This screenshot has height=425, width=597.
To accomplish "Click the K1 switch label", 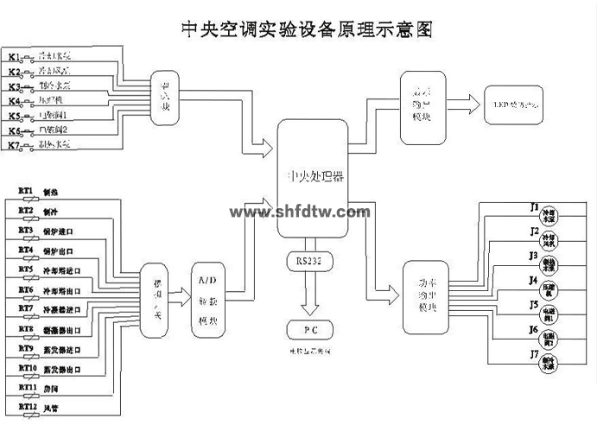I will click(x=14, y=58).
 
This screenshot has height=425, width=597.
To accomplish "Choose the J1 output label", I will click(x=534, y=208).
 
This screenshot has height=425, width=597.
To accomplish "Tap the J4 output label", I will click(x=534, y=281).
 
